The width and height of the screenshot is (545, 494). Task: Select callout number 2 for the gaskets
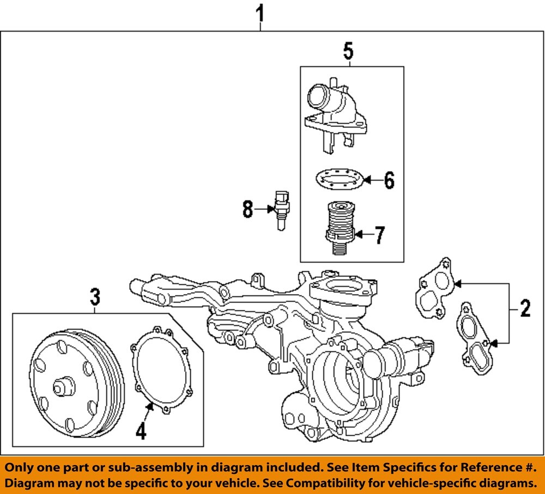(525, 309)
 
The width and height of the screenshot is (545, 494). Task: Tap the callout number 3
(95, 297)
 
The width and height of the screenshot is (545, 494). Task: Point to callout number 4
(141, 431)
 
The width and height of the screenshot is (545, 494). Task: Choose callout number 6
(389, 180)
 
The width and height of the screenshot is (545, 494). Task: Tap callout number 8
(248, 209)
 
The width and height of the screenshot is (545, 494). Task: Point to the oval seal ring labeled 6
(338, 179)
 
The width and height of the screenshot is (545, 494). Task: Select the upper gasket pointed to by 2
(436, 289)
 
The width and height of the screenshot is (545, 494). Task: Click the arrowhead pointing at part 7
(359, 235)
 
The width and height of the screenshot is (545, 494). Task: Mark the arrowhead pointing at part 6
(367, 179)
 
